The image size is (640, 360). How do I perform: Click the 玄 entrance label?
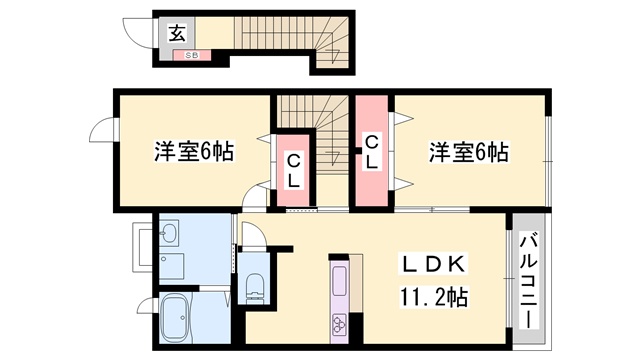(177, 33)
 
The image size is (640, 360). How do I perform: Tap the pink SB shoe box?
(191, 55)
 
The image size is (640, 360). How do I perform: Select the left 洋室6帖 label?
(193, 152)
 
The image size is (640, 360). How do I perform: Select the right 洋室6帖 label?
(469, 152)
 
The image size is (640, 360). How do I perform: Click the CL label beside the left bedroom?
(293, 171)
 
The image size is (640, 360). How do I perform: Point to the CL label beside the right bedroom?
(371, 152)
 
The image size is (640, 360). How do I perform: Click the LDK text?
(433, 264)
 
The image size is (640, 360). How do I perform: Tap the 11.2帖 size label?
(433, 297)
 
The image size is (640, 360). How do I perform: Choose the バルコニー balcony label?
(528, 280)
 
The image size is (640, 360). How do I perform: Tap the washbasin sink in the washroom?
(168, 233)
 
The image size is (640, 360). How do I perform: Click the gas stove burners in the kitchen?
(339, 323)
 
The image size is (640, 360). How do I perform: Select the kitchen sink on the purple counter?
(340, 281)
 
